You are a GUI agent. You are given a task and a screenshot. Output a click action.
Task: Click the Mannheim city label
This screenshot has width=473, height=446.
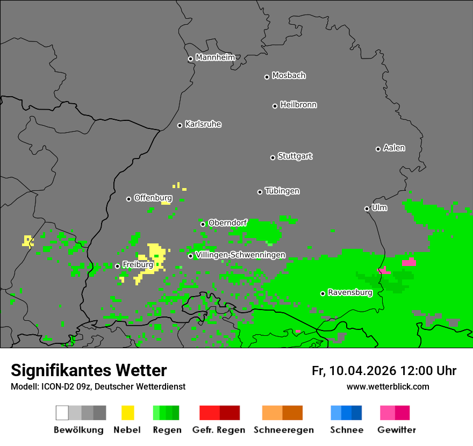(215, 57)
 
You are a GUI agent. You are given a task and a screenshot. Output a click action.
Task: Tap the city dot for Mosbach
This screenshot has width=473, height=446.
(267, 77)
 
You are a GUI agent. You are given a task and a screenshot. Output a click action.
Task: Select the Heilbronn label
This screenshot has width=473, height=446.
(298, 105)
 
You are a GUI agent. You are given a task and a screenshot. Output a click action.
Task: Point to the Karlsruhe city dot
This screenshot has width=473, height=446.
(180, 125)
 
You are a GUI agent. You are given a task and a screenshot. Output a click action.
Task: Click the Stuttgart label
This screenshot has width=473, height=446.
(295, 156)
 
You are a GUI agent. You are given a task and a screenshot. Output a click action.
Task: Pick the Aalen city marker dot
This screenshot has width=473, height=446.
(378, 149)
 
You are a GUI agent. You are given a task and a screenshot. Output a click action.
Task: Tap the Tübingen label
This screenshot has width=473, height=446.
(282, 191)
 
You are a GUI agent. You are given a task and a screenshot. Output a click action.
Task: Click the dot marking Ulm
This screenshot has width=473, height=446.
(367, 208)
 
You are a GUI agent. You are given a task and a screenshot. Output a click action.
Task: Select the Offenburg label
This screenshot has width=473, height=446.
(153, 198)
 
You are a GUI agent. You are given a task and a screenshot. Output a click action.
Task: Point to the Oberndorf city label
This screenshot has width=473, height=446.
(227, 223)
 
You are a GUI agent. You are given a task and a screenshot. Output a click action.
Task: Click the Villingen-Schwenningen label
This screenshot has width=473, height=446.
(240, 255)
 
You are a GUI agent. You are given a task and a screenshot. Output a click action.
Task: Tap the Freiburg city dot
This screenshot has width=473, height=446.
(117, 266)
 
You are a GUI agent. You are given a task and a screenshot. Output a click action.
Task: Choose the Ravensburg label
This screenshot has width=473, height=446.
(350, 293)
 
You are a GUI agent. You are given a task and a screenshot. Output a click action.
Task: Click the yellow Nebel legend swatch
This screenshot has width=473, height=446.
(127, 413)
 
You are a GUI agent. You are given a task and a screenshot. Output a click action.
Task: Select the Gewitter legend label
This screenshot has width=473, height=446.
(397, 430)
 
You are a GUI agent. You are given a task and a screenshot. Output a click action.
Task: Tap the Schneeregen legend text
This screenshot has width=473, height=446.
(284, 430)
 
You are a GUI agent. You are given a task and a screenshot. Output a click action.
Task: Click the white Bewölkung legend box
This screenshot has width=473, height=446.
(62, 413)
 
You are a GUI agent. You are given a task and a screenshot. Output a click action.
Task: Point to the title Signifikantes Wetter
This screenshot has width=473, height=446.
(89, 370)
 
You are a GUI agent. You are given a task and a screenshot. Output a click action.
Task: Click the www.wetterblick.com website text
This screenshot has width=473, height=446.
(388, 386)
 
